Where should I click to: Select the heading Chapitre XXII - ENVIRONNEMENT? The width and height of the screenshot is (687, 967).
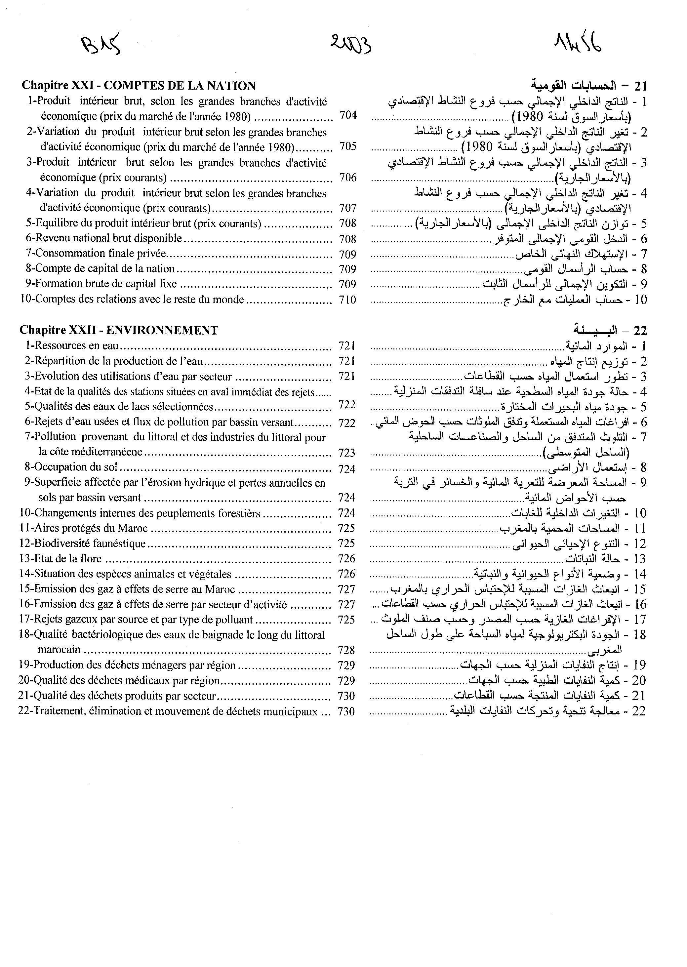point(119,330)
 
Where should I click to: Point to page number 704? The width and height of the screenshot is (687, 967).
point(348,115)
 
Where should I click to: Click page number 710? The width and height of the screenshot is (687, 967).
point(347,300)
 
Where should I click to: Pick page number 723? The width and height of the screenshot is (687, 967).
point(346,453)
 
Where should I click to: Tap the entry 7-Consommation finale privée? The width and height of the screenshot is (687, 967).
point(96,254)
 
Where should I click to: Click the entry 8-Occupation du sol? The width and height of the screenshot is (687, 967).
point(71,467)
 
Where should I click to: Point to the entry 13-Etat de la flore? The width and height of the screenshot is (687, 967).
point(61,559)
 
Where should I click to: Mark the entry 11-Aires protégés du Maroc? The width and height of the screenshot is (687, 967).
point(83,528)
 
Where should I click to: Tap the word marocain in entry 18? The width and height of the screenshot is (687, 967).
point(59,650)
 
